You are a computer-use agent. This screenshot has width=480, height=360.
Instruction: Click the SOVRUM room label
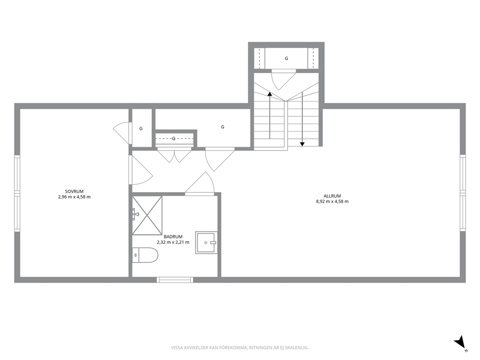click(x=74, y=192)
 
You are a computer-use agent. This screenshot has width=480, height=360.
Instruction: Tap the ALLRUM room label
click(x=332, y=196)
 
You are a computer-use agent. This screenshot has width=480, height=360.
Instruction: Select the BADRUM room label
click(x=173, y=237)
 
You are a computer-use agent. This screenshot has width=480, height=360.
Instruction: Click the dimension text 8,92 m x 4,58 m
click(x=332, y=201)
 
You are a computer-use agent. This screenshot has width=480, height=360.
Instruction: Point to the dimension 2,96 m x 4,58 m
click(x=74, y=197)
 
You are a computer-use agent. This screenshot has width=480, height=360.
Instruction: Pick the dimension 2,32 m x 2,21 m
click(x=173, y=242)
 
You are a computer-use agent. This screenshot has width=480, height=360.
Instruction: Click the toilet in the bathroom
click(x=145, y=255)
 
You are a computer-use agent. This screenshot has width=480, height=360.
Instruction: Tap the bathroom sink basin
click(x=206, y=242)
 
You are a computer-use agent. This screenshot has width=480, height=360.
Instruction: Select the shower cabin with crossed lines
click(x=147, y=215)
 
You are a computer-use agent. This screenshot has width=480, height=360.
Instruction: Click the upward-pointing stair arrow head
click(x=270, y=94)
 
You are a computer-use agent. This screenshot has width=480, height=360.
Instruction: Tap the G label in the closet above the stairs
click(x=286, y=58)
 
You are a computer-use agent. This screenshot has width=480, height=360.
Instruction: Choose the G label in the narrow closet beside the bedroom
click(x=141, y=129)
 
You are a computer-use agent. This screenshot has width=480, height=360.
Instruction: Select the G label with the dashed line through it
click(x=174, y=139)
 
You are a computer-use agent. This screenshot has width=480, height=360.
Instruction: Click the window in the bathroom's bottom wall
click(x=175, y=280)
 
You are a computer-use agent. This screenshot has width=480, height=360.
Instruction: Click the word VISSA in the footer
click(x=176, y=347)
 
